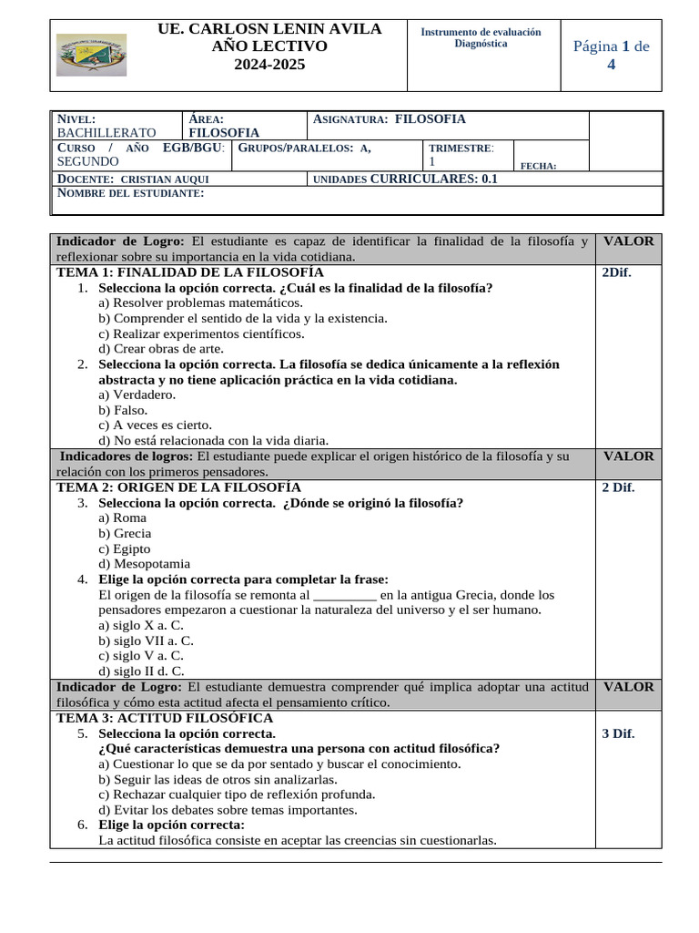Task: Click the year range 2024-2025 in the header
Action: click(269, 65)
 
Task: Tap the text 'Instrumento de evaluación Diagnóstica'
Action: click(481, 38)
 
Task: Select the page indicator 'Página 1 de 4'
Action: click(611, 55)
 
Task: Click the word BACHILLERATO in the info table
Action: click(106, 132)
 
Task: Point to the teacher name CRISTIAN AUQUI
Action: click(164, 179)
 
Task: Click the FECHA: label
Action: click(538, 166)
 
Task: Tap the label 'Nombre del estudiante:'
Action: click(131, 193)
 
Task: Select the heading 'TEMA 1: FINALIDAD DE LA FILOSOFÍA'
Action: click(190, 272)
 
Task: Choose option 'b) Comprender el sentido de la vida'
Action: click(243, 318)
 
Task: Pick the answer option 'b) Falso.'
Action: click(123, 410)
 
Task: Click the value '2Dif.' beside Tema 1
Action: click(616, 272)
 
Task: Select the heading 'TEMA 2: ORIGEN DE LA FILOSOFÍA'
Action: click(178, 487)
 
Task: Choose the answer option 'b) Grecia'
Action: click(125, 533)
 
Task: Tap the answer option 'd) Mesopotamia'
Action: click(144, 564)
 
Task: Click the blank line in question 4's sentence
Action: click(344, 595)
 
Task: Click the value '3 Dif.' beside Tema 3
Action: click(618, 733)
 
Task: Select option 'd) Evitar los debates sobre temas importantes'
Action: click(228, 810)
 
